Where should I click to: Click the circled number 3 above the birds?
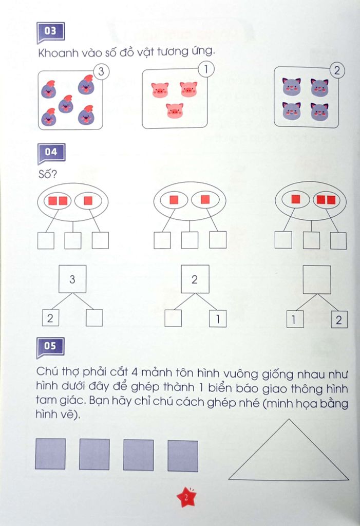tap(101, 71)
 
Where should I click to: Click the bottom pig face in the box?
tap(175, 110)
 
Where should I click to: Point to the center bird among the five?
tap(66, 104)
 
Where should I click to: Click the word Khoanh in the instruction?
tap(58, 52)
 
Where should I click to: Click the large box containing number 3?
tap(72, 279)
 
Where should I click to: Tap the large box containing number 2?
tap(195, 279)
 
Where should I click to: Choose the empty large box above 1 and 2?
tap(317, 279)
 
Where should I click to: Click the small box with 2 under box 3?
tap(50, 318)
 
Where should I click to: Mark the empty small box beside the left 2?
tap(94, 318)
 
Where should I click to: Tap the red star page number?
tap(186, 497)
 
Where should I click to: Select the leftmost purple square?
tap(50, 454)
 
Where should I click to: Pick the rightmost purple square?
tap(183, 456)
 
